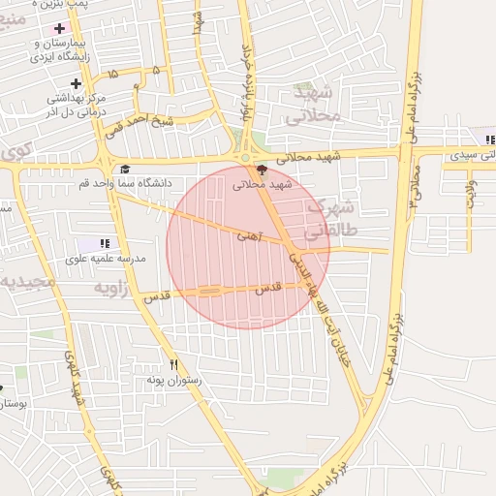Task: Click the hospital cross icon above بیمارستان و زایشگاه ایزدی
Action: [x=60, y=29]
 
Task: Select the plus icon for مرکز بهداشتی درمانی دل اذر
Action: [x=76, y=84]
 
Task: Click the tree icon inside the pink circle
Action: [x=261, y=170]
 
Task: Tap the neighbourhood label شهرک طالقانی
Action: [x=331, y=219]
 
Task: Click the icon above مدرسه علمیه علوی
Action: [x=105, y=243]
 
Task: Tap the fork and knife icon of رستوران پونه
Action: [x=174, y=365]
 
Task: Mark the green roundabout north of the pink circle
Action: [x=246, y=157]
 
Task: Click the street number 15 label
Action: [x=114, y=73]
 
